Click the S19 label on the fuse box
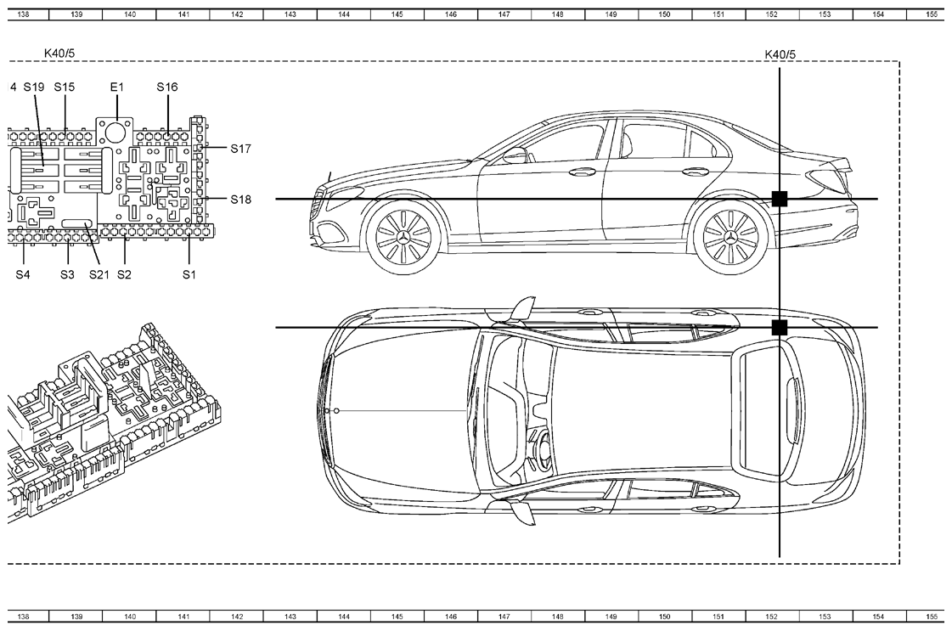tap(34, 87)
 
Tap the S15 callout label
tap(65, 87)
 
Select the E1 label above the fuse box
tap(116, 87)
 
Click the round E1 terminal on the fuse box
tap(115, 131)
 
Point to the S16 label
tap(167, 87)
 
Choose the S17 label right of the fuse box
tap(240, 149)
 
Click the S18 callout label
tap(240, 200)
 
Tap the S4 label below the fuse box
tap(22, 274)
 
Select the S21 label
tap(99, 274)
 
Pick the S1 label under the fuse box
tap(189, 274)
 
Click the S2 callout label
tap(124, 274)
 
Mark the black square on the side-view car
tap(780, 199)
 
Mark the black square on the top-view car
tap(780, 328)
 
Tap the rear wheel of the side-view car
tap(729, 235)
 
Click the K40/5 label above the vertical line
tap(780, 54)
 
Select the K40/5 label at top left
tap(59, 54)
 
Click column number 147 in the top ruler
tap(504, 14)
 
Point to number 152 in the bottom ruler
tap(771, 617)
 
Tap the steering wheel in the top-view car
tap(539, 450)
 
